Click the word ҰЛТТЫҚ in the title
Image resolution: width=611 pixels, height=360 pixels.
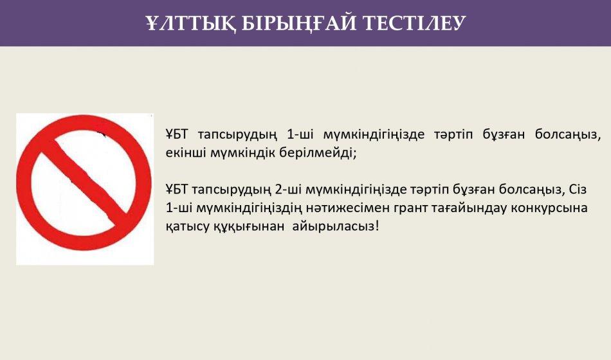coord(190,23)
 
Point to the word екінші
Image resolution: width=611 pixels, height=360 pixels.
coord(185,153)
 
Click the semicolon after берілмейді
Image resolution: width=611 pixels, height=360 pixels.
coord(354,154)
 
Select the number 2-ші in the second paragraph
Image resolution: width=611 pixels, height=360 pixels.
coord(288,190)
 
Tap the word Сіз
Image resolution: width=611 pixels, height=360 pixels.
coord(578,190)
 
